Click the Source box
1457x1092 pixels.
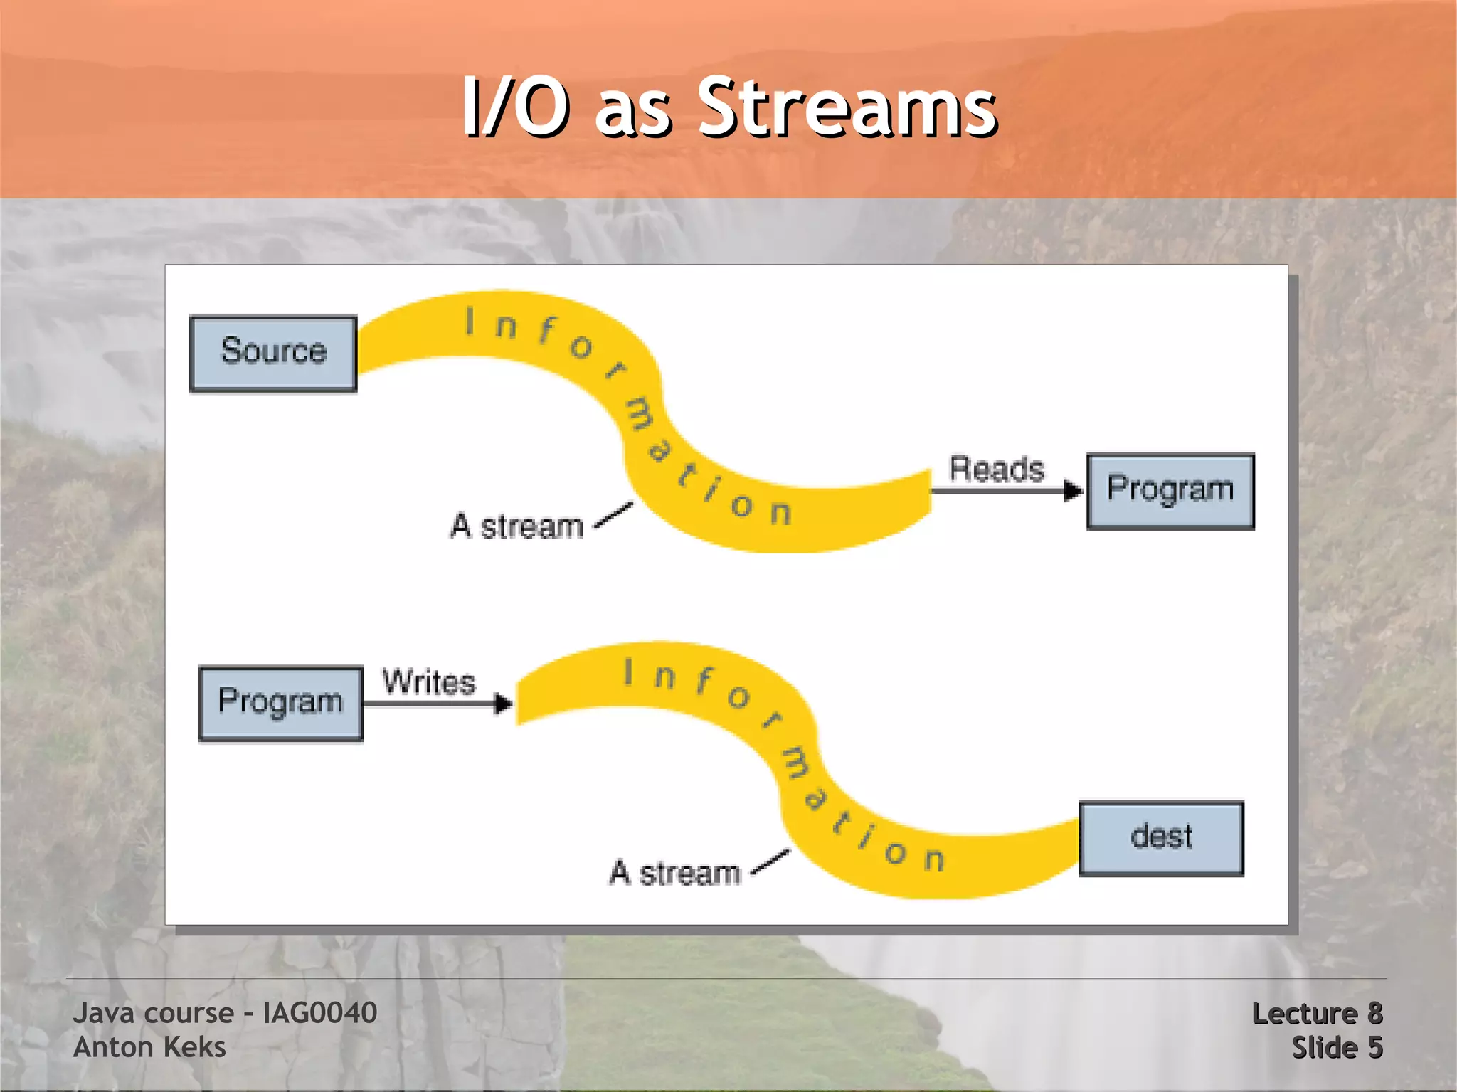pyautogui.click(x=273, y=353)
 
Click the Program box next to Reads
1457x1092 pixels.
pyautogui.click(x=1170, y=491)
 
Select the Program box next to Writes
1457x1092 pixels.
pyautogui.click(x=280, y=703)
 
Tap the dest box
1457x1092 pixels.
pyautogui.click(x=1161, y=838)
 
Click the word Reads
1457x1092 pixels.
pyautogui.click(x=996, y=470)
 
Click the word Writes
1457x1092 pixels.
pyautogui.click(x=428, y=682)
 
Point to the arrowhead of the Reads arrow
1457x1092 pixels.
pyautogui.click(x=1073, y=491)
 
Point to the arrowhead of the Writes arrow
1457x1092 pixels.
pyautogui.click(x=504, y=704)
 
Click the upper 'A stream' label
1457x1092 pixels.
pyautogui.click(x=517, y=527)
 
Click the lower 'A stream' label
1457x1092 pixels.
pyautogui.click(x=674, y=873)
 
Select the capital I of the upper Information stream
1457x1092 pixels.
pyautogui.click(x=470, y=321)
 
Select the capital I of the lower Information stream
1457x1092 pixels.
pyautogui.click(x=628, y=672)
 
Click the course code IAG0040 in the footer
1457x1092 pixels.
pyautogui.click(x=319, y=1013)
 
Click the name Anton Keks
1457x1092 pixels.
pyautogui.click(x=149, y=1047)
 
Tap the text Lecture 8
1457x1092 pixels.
pyautogui.click(x=1317, y=1014)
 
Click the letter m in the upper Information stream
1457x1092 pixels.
pyautogui.click(x=639, y=415)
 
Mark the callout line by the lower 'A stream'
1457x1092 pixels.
pyautogui.click(x=770, y=862)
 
